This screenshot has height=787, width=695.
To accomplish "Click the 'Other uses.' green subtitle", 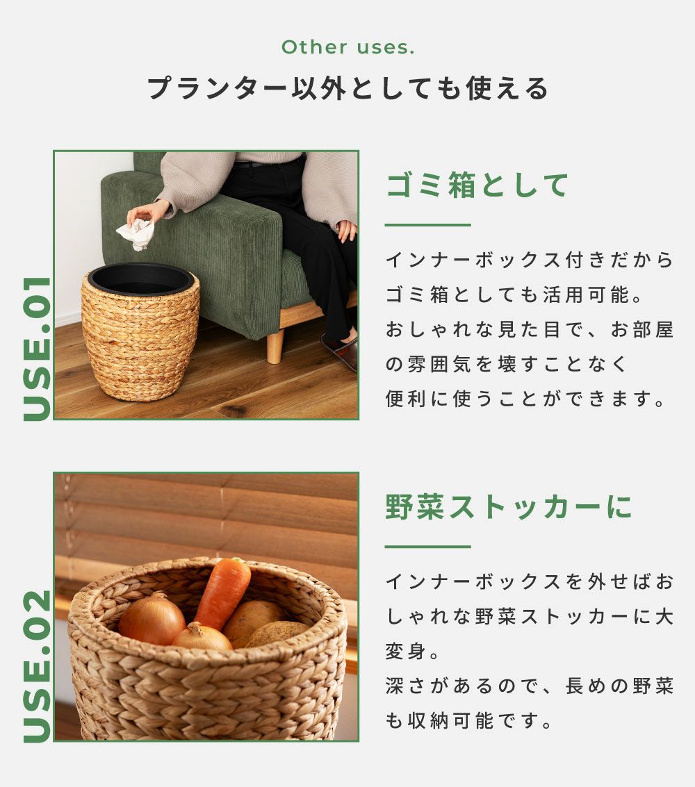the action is click(348, 47).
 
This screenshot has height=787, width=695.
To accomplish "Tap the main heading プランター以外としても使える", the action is click(347, 88).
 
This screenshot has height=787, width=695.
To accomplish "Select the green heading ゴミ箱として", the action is click(477, 185).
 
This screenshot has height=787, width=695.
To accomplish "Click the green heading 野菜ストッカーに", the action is click(509, 506).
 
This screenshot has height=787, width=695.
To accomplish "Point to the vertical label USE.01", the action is click(38, 349).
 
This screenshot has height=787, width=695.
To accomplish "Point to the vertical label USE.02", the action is click(38, 666).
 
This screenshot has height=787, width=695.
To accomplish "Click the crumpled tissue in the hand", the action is click(136, 234).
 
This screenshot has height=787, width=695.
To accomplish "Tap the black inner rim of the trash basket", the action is click(140, 279).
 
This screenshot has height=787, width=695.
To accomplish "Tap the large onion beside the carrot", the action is click(152, 618).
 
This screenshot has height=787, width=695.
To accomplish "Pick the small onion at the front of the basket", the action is click(202, 638).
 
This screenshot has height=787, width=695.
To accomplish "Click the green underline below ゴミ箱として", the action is click(428, 225).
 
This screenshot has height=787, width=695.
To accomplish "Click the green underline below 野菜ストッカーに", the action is click(428, 547).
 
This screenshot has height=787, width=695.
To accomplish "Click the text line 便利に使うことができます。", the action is click(525, 399).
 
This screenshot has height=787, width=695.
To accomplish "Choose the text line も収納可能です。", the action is click(469, 721).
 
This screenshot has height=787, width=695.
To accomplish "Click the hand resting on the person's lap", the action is click(347, 231).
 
